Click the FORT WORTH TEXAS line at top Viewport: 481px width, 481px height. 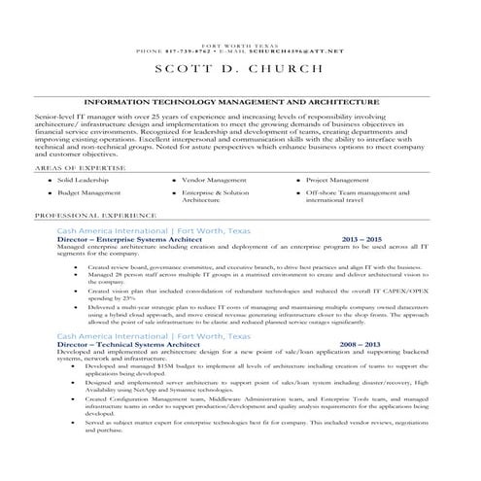coord(239,44)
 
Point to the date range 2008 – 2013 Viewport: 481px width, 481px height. coord(361,344)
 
